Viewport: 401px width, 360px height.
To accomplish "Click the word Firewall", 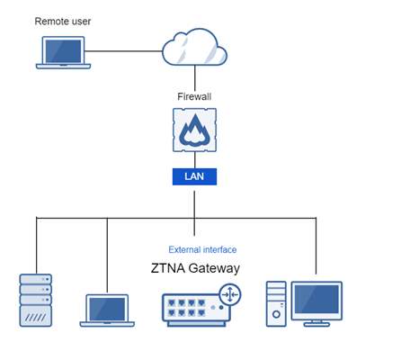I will pos(194,95).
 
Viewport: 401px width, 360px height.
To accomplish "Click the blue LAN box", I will pos(194,176).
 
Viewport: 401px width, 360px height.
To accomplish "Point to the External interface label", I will pos(202,249).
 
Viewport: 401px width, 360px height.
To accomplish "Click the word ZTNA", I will pos(171,268).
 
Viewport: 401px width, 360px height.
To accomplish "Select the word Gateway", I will pos(216,268).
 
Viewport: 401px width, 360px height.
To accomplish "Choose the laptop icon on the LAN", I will pos(107,309).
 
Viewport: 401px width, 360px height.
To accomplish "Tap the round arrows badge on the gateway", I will pos(231,293).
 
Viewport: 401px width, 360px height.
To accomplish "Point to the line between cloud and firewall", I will pos(194,79).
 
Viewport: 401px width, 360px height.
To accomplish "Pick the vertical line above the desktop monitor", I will pos(316,247).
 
